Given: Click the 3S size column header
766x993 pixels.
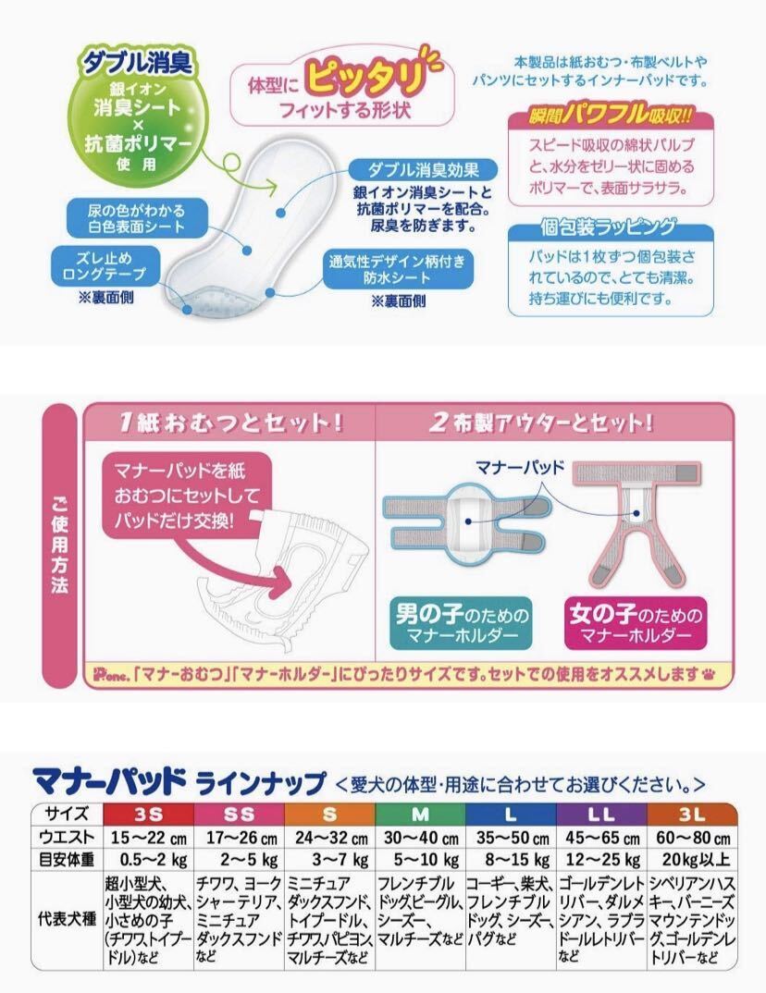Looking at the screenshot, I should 150,815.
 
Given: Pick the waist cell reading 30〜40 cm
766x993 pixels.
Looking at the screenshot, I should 421,837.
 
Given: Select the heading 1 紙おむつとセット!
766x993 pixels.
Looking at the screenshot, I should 231,422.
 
